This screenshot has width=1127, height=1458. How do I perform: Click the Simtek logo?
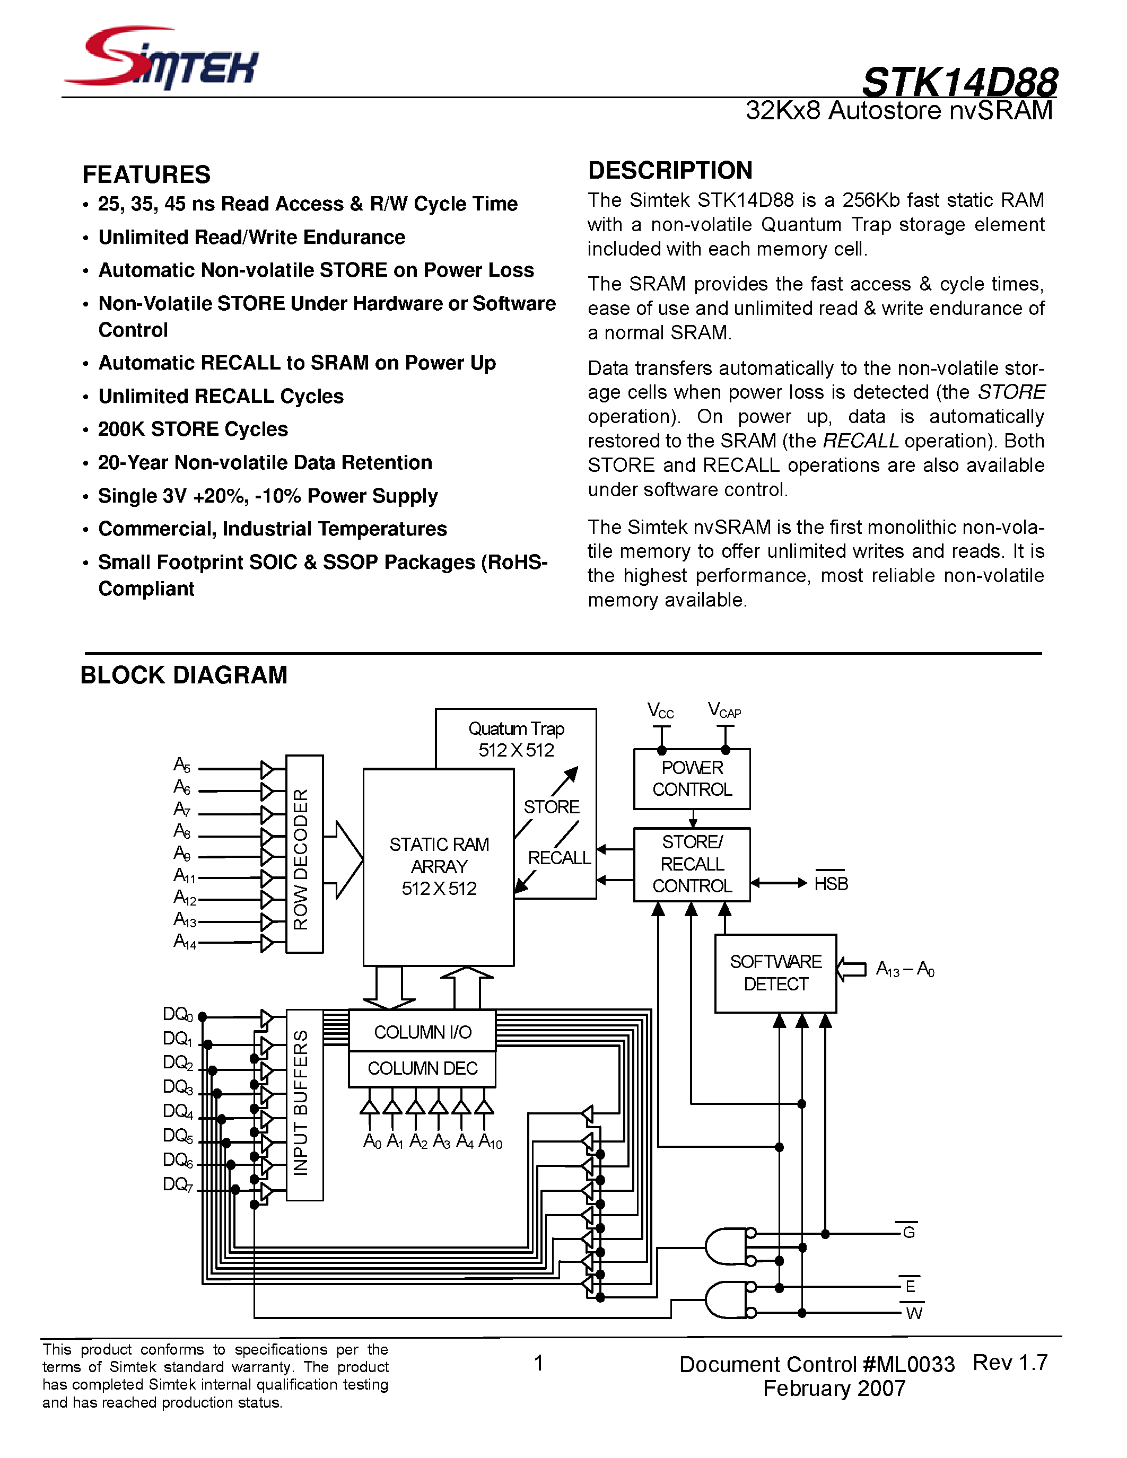[x=162, y=58]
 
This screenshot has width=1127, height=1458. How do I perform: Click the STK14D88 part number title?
[x=959, y=83]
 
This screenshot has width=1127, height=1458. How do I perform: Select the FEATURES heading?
[x=146, y=175]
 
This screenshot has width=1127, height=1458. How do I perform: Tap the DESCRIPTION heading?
[x=670, y=171]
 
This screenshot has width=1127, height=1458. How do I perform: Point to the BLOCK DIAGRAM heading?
[x=184, y=675]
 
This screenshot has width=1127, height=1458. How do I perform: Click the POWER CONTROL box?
[x=692, y=779]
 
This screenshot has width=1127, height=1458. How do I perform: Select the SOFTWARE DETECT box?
[x=775, y=973]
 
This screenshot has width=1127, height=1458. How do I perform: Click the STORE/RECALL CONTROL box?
[x=692, y=864]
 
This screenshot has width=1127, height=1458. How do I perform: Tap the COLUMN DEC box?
[x=422, y=1069]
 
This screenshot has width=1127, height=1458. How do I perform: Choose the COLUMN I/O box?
[x=422, y=1032]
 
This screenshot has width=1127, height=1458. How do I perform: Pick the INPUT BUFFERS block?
[x=304, y=1105]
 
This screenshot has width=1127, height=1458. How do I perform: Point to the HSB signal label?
[x=831, y=884]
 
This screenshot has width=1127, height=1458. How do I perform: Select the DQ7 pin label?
[x=178, y=1184]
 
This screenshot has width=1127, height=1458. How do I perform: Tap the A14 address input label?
[x=184, y=942]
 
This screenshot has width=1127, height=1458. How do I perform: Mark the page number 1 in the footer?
[x=539, y=1363]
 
